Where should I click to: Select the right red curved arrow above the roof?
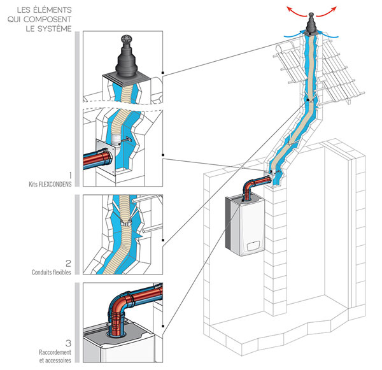(330, 12)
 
